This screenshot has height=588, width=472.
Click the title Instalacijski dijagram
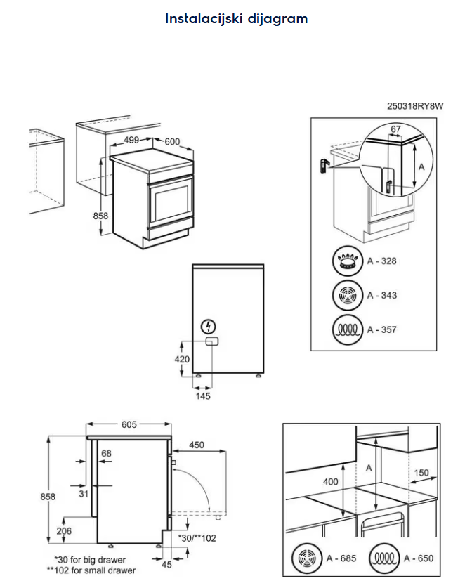click(x=236, y=19)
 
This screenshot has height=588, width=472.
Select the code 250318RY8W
click(x=416, y=107)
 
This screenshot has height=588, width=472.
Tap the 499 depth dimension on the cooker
click(x=131, y=140)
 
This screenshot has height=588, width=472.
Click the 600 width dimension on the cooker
click(x=172, y=141)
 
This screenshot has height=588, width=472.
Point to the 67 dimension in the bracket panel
click(x=395, y=129)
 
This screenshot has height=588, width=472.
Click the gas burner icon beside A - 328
click(x=346, y=261)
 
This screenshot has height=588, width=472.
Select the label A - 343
click(x=381, y=295)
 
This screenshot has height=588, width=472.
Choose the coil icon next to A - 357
click(x=346, y=329)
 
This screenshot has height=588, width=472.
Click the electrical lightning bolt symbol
click(x=208, y=326)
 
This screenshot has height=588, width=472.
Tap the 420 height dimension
click(x=182, y=359)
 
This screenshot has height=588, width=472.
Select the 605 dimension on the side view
click(x=129, y=424)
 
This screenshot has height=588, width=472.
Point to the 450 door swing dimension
click(x=197, y=444)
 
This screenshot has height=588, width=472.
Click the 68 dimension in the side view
click(x=106, y=453)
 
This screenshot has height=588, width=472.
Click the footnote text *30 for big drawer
click(x=90, y=560)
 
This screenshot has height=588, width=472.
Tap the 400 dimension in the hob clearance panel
click(x=331, y=482)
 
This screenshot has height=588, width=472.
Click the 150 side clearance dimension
click(x=421, y=473)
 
